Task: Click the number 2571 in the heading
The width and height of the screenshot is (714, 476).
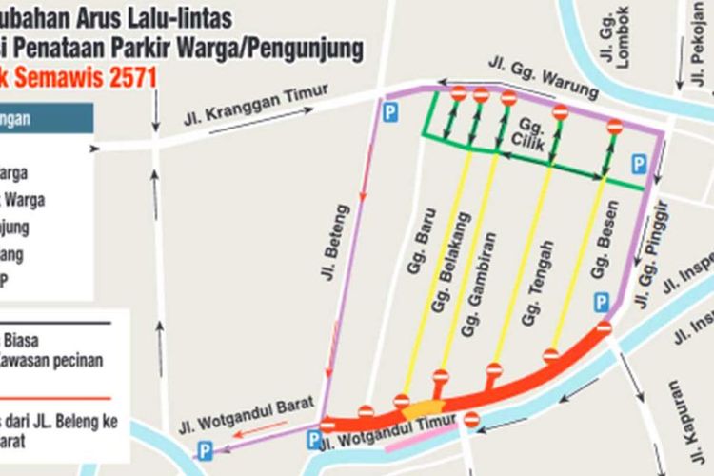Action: point(115,77)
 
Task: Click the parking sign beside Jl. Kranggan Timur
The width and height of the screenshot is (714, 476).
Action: point(389,113)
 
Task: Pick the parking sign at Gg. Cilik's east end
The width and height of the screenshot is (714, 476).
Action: point(639,164)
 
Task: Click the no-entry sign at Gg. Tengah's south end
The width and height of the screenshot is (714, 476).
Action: point(551,355)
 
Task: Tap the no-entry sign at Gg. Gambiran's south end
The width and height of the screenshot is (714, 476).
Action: point(494,368)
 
